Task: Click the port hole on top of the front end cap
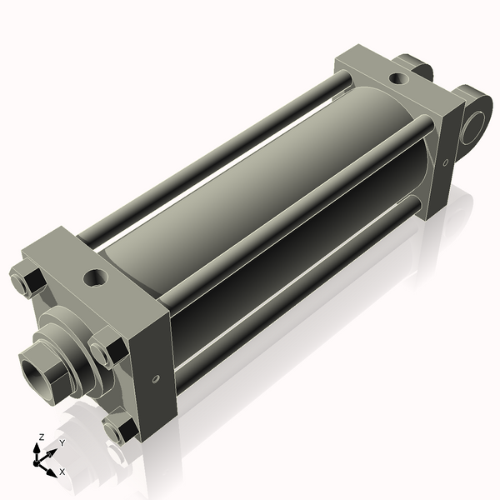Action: [97, 275]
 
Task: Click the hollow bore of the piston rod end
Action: [37, 364]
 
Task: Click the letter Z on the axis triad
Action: [41, 437]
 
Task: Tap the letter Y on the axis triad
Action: [62, 443]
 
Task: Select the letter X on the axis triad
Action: [62, 472]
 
